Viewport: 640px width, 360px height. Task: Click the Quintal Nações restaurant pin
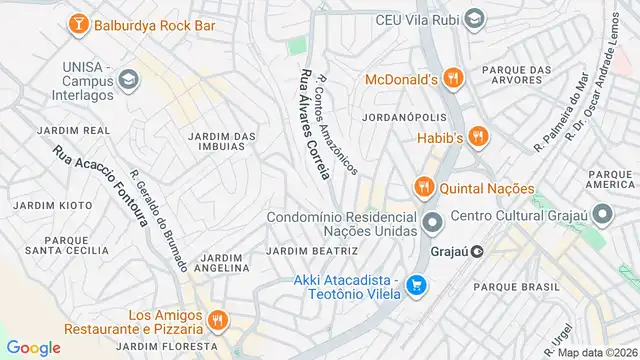coord(424,187)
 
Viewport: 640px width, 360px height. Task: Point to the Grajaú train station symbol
coord(478,251)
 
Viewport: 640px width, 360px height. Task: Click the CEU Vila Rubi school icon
coord(475,19)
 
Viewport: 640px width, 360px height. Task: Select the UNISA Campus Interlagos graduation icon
coord(128,79)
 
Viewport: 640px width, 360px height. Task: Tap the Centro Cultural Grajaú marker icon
coord(602,215)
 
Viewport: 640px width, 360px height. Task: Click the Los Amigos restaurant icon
coord(217,320)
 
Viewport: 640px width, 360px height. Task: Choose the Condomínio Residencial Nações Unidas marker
coord(432,222)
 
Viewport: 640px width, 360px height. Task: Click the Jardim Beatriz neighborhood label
coord(312,250)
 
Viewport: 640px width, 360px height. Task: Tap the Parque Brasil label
coord(516,286)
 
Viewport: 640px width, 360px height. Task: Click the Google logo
coord(33,347)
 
